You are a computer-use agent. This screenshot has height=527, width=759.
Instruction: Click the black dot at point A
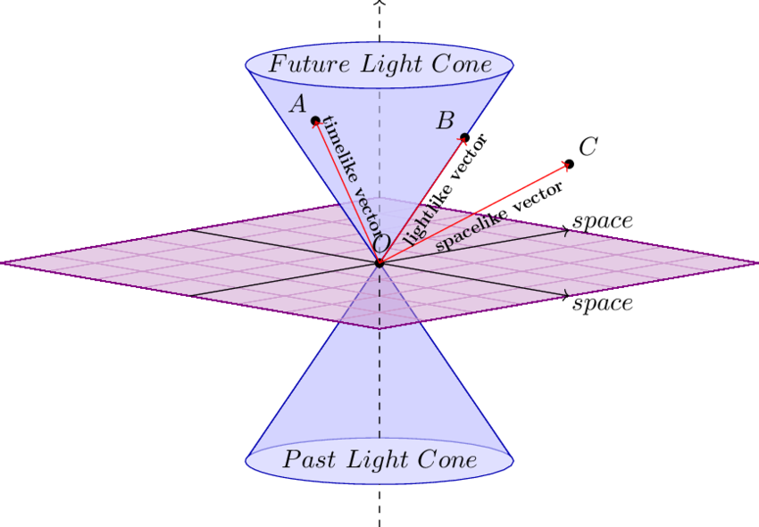coord(315,119)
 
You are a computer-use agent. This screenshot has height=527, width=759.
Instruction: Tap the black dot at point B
coord(464,138)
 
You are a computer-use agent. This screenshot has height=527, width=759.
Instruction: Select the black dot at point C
coord(570,164)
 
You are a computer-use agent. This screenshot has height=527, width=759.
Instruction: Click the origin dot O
coord(379,263)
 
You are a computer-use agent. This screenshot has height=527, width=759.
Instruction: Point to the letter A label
coord(298,104)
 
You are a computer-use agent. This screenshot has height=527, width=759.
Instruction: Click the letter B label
coord(446,120)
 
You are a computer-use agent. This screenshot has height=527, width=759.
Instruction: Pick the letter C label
coord(588,146)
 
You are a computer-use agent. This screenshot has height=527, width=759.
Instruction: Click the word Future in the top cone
coord(309,64)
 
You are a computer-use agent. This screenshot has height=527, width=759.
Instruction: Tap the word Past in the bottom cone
coord(309,459)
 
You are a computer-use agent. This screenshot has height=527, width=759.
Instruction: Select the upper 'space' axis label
coord(603,221)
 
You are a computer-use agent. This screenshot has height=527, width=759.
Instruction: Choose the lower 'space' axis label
coord(603,304)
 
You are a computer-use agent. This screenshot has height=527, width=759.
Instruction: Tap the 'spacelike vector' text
coord(499,216)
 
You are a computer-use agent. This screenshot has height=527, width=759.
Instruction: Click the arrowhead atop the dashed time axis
coord(379,3)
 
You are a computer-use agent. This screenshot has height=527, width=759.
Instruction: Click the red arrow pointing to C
coord(474,214)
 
